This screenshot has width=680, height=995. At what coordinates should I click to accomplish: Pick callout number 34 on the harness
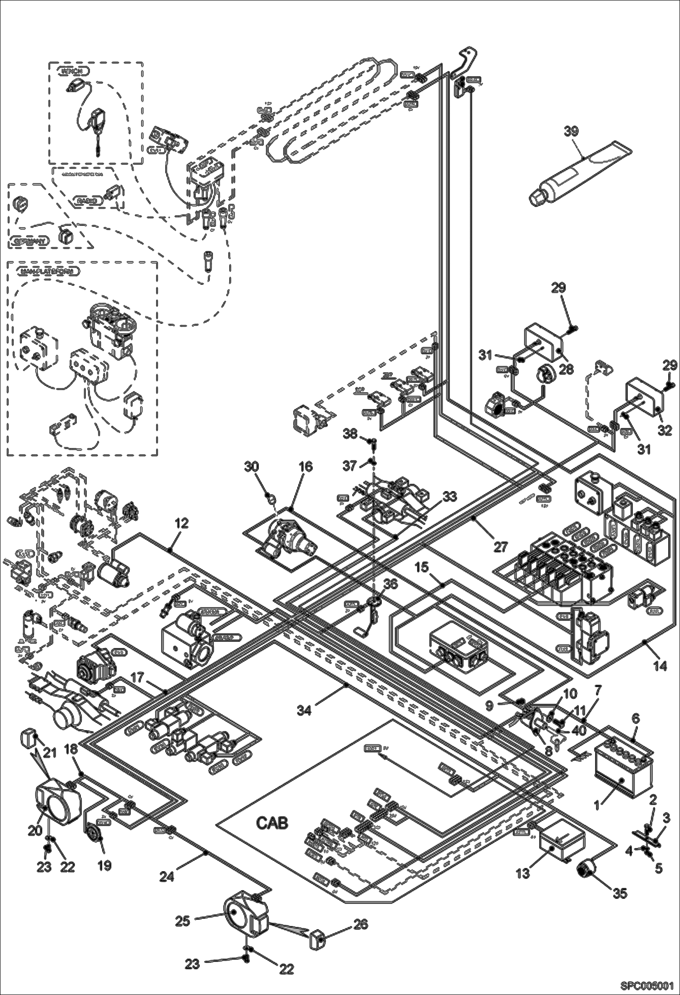(304, 710)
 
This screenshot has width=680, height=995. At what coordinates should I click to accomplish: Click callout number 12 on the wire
(181, 523)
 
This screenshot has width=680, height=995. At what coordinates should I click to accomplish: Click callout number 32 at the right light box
(665, 430)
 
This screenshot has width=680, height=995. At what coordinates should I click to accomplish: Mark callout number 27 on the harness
(500, 547)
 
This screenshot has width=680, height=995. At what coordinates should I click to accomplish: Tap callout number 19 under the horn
(104, 865)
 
